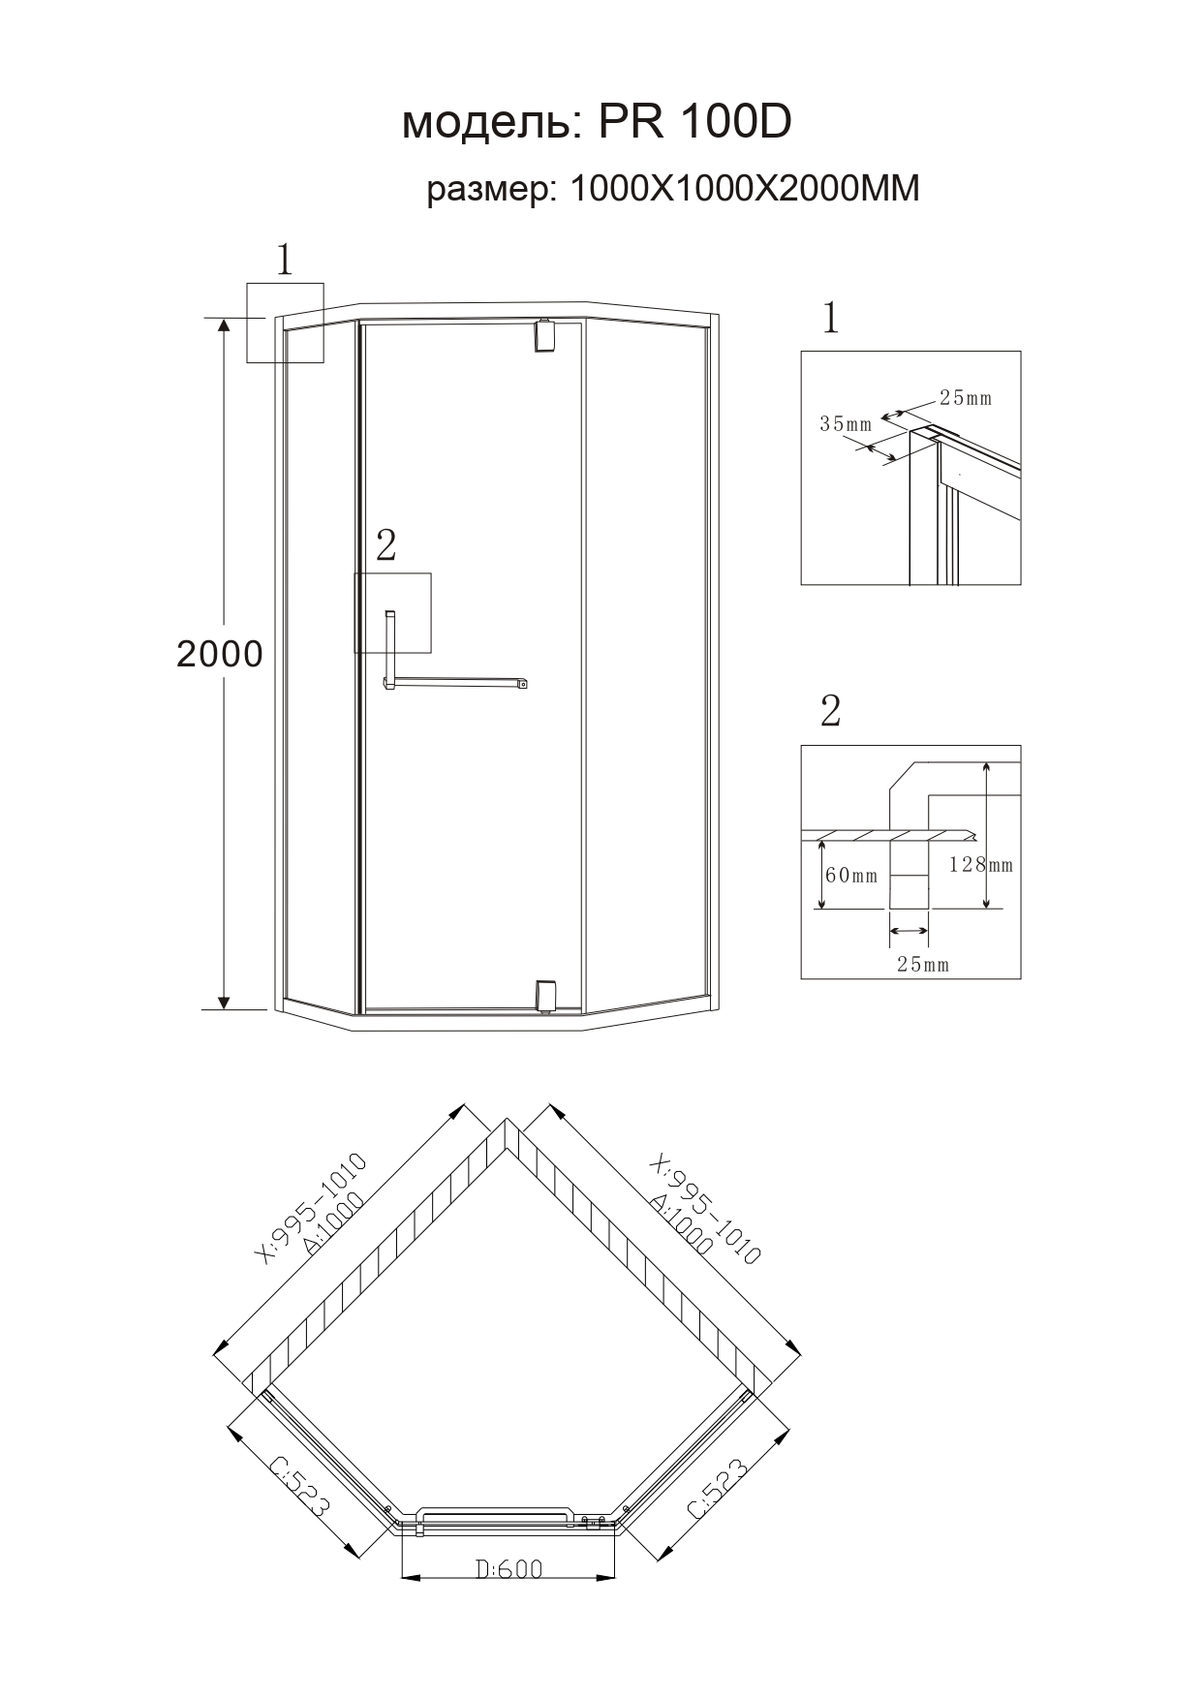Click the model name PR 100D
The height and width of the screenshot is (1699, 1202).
(x=694, y=122)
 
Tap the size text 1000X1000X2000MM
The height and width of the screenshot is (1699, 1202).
(x=744, y=188)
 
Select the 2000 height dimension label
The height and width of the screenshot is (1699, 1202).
(x=220, y=655)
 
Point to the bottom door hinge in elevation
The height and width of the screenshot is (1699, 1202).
(x=544, y=997)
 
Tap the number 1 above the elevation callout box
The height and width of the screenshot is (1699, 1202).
(x=284, y=260)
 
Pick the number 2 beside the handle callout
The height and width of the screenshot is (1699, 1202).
(x=385, y=546)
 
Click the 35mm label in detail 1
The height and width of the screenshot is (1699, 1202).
(x=846, y=423)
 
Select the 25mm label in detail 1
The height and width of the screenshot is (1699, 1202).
(x=966, y=397)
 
